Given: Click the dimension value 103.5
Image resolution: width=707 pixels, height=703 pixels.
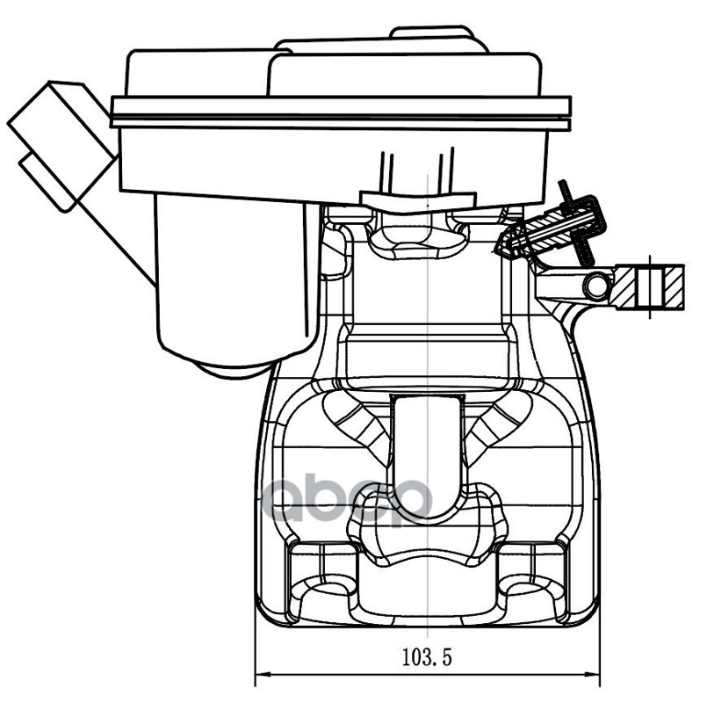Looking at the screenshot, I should [x=426, y=656].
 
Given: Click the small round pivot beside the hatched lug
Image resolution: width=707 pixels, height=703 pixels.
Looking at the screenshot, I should [x=597, y=285].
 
